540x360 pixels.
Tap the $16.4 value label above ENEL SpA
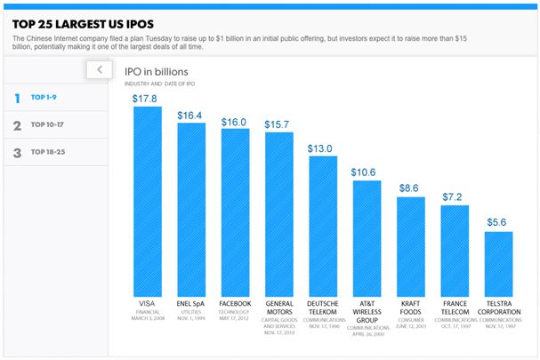click(x=190, y=115)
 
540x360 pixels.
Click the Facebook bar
click(x=234, y=212)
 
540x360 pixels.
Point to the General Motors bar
click(x=278, y=213)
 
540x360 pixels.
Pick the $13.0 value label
click(x=322, y=148)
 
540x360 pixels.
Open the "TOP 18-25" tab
click(x=49, y=152)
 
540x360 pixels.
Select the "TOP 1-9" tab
click(x=45, y=99)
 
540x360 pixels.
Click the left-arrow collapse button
click(x=100, y=69)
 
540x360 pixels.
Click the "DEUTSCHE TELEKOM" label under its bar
click(x=322, y=308)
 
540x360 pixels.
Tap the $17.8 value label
click(x=147, y=98)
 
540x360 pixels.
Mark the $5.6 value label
click(x=498, y=221)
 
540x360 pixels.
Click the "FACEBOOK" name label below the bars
click(x=234, y=303)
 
